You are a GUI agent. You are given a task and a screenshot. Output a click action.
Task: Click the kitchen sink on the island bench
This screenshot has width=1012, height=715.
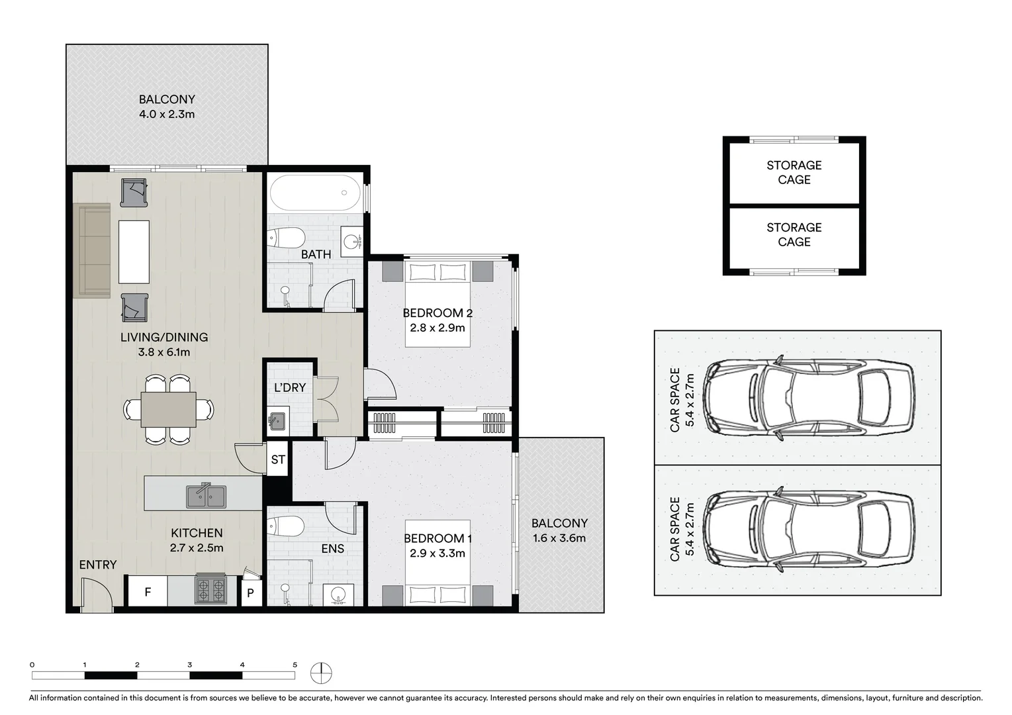(206, 497)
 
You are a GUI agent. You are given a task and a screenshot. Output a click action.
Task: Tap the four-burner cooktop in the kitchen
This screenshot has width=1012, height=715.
(210, 590)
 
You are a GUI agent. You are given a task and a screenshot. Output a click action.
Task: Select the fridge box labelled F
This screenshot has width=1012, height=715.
(147, 592)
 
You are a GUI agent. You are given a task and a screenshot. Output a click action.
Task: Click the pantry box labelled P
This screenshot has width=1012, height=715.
(250, 593)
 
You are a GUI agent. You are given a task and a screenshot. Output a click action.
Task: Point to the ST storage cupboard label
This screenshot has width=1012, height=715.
(278, 459)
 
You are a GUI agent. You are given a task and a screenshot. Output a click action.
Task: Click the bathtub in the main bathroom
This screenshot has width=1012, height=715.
(315, 193)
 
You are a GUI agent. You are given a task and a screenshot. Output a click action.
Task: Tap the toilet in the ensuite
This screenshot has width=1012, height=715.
(285, 526)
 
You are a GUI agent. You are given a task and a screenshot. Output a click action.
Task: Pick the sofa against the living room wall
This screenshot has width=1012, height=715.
(92, 251)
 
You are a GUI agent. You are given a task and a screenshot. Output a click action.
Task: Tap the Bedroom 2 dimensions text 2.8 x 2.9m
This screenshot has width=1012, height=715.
(437, 328)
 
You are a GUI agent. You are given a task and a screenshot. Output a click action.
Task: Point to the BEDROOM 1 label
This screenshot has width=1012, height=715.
(437, 539)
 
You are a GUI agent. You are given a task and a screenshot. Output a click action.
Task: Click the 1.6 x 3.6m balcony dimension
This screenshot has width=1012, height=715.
(559, 538)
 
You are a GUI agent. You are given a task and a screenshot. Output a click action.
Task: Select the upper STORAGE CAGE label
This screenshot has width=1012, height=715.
(794, 172)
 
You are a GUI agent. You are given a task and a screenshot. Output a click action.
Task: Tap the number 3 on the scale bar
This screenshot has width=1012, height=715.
(190, 665)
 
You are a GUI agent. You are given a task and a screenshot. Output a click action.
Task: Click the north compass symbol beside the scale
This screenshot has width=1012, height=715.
(321, 673)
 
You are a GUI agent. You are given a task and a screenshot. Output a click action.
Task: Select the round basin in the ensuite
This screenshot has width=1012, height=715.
(339, 595)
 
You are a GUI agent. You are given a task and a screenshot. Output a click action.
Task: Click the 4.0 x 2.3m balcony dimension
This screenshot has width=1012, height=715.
(167, 114)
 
